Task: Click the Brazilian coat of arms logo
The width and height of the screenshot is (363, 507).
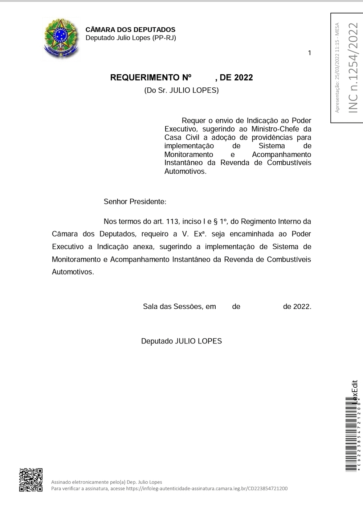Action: point(61,38)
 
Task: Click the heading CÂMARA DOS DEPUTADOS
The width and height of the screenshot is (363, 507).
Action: point(130,30)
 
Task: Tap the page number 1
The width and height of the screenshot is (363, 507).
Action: point(309,53)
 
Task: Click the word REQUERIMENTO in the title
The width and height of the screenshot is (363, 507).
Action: point(144,78)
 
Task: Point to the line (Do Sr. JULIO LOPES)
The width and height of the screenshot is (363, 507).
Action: point(181,90)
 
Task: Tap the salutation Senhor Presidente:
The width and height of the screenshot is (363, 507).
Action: point(135,202)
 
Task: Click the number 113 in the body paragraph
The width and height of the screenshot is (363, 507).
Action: point(172,222)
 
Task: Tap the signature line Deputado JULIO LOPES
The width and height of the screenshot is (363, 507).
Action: point(181,341)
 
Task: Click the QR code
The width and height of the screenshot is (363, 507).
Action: point(31,480)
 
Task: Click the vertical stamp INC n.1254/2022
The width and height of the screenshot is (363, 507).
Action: point(353,68)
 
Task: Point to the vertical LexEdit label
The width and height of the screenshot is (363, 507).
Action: point(355,391)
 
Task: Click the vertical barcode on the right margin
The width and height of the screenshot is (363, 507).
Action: point(351,435)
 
